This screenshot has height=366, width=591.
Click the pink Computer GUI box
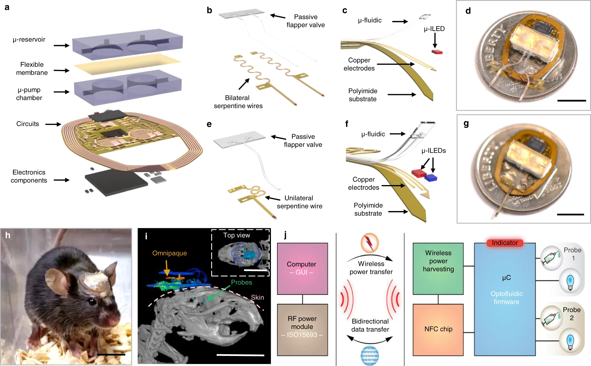pyautogui.click(x=302, y=268)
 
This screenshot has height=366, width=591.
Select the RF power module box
pyautogui.click(x=302, y=329)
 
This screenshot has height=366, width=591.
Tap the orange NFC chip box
pyautogui.click(x=438, y=329)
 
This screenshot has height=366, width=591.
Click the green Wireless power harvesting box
pyautogui.click(x=438, y=268)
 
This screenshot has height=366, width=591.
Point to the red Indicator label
pyautogui.click(x=505, y=243)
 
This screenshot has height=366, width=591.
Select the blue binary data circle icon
pyautogui.click(x=369, y=355)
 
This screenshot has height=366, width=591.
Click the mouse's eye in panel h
pyautogui.click(x=92, y=302)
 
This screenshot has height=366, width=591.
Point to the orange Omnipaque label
pyautogui.click(x=170, y=253)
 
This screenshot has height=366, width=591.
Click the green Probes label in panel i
pyautogui.click(x=241, y=282)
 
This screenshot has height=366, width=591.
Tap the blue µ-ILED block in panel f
pyautogui.click(x=431, y=178)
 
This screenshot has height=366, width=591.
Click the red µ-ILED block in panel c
pyautogui.click(x=437, y=52)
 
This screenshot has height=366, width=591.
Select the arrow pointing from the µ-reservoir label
pyautogui.click(x=61, y=45)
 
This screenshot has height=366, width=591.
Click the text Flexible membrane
pyautogui.click(x=32, y=68)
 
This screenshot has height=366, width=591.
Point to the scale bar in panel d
pyautogui.click(x=572, y=101)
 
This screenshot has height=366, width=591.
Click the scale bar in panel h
pyautogui.click(x=111, y=354)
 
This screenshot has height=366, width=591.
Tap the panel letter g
pyautogui.click(x=466, y=124)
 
